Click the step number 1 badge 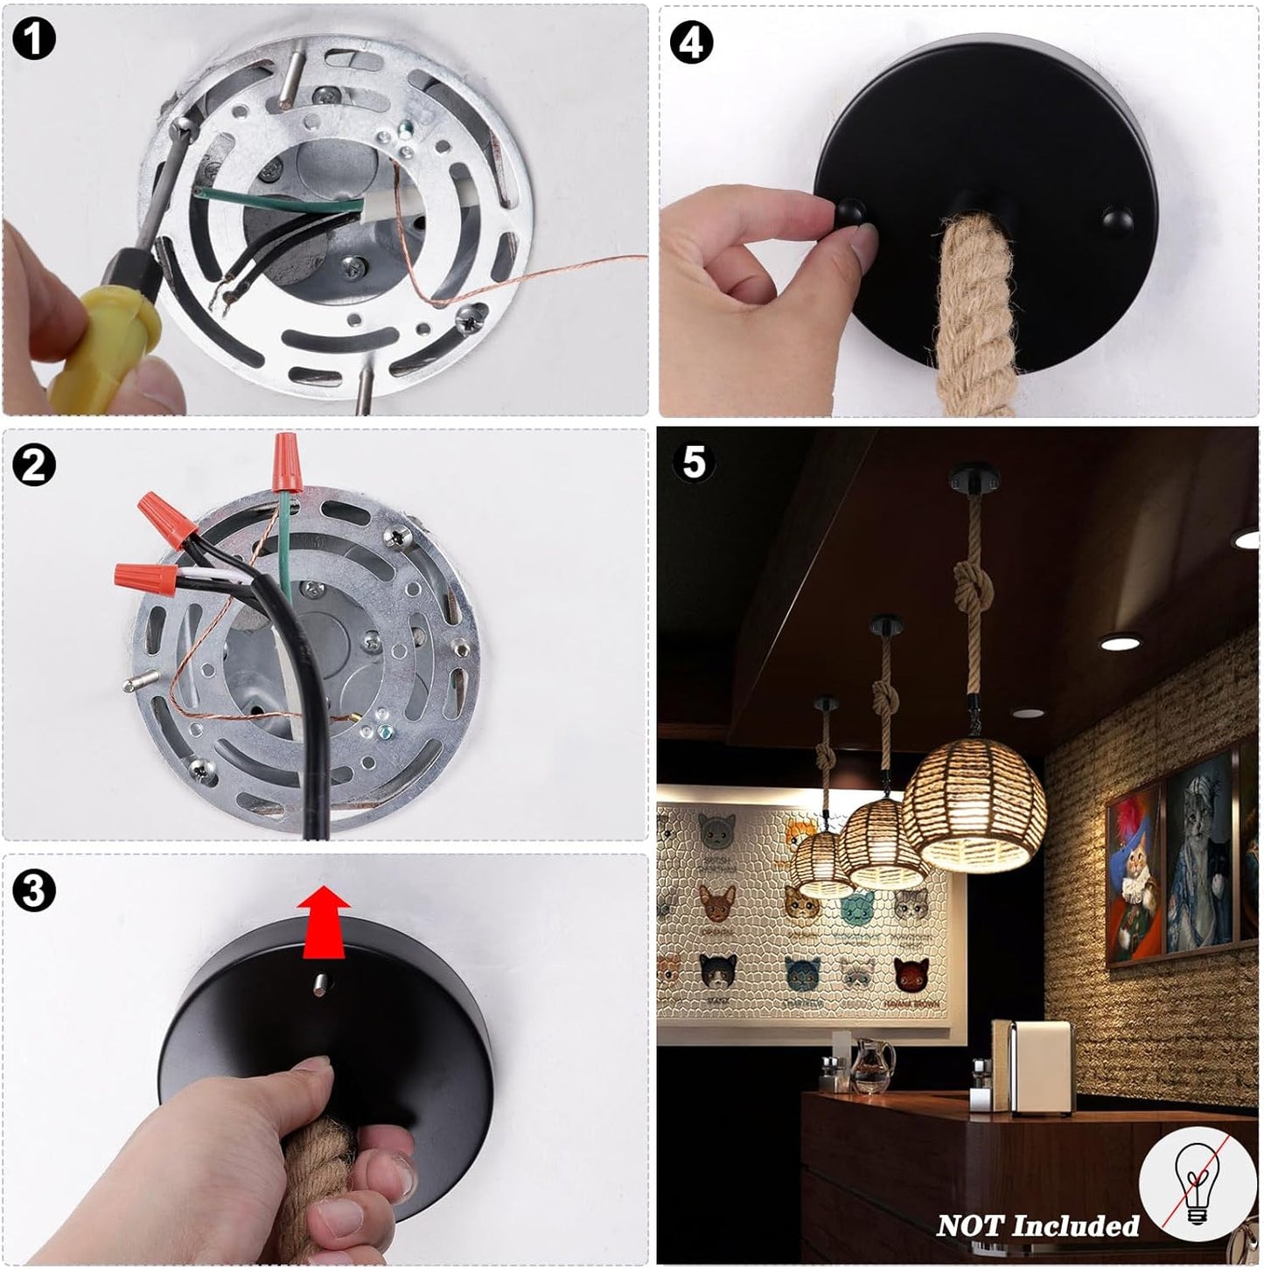click(x=33, y=38)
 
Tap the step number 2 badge click(x=33, y=465)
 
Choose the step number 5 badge click(x=694, y=463)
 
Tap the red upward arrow click(x=323, y=922)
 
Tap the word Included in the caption click(x=1076, y=1226)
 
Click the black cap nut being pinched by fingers click(x=849, y=212)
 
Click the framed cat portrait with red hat click(x=1135, y=876)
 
